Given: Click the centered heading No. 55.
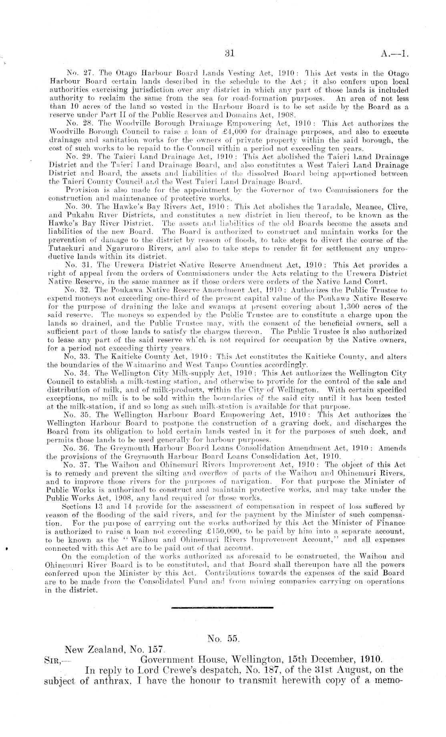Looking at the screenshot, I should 223,639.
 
